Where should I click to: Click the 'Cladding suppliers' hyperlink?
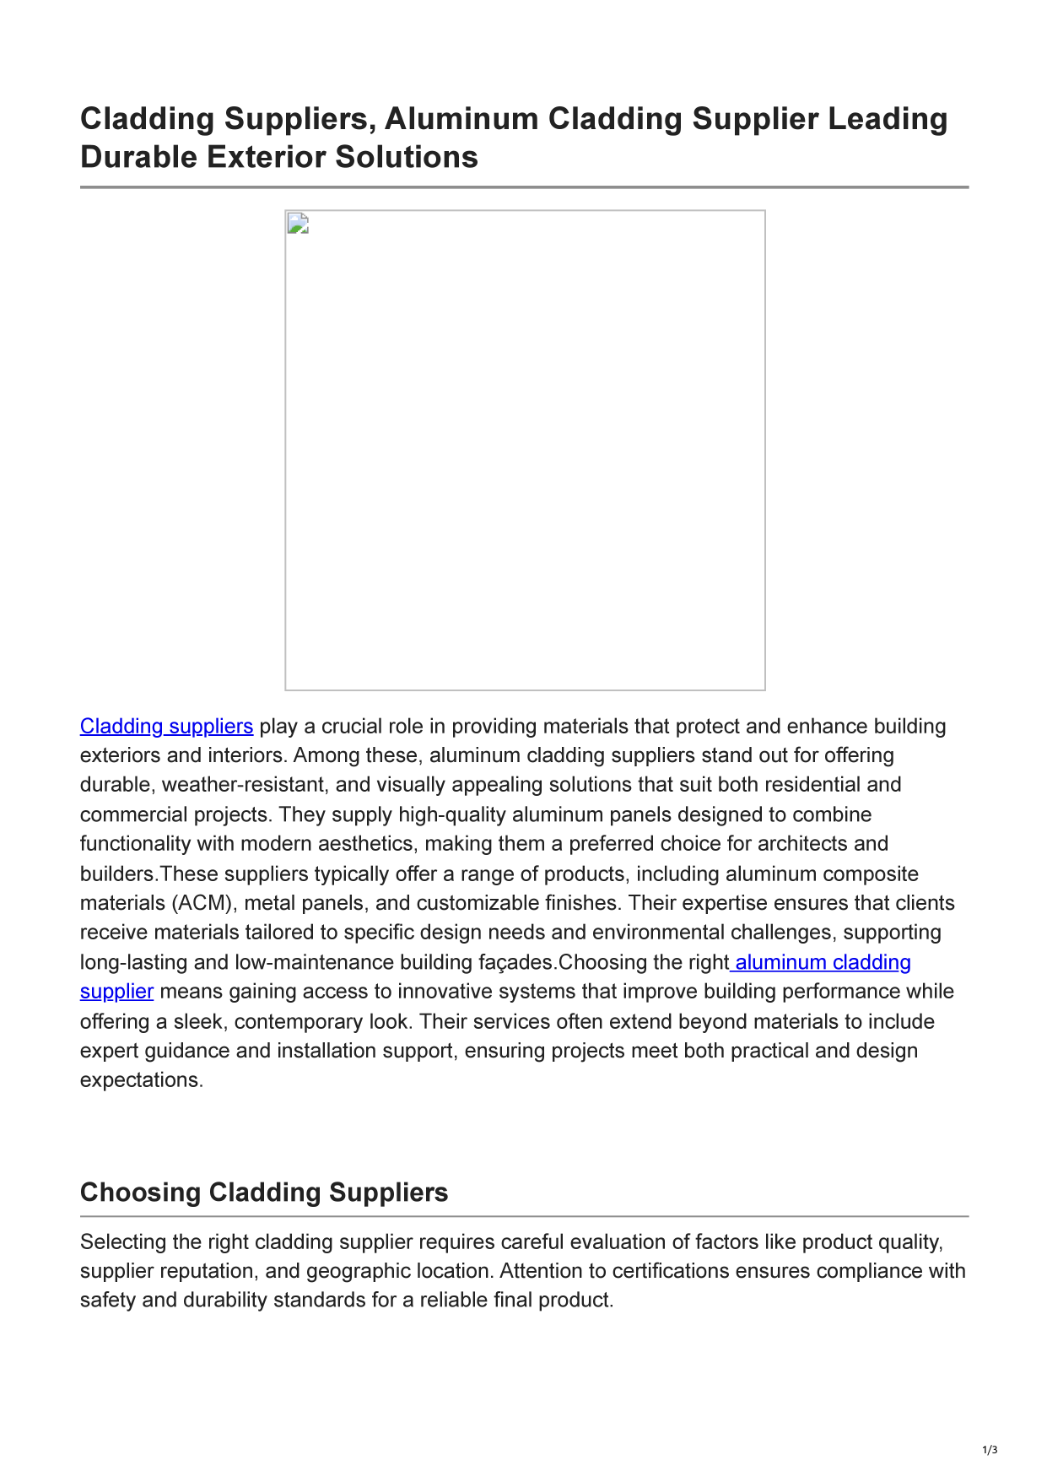(166, 727)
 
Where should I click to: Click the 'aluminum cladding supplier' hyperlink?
(823, 963)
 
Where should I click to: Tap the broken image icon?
(298, 224)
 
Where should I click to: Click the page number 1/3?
(990, 1450)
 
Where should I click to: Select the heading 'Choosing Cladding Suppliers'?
(264, 1193)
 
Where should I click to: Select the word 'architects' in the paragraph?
(806, 844)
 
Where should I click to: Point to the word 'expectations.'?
(142, 1080)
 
